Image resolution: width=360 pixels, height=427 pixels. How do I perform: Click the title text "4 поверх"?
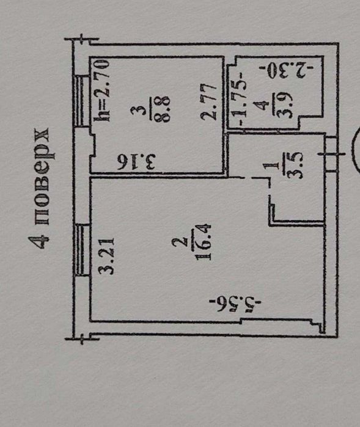[x=40, y=188]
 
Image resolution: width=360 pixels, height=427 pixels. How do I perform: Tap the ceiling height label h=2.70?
[x=101, y=90]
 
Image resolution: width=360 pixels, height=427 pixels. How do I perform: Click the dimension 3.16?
[x=136, y=162]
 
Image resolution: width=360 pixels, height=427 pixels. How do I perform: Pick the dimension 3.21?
[x=106, y=256]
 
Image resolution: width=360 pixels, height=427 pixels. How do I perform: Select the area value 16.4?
[x=202, y=242]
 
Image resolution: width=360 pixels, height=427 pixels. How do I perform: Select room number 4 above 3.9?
[x=263, y=106]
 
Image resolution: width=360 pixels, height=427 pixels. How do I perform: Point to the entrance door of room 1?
[x=331, y=154]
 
